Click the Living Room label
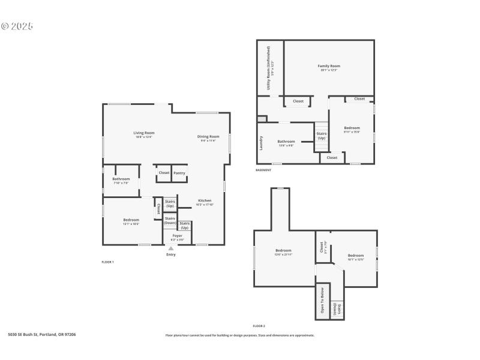143,134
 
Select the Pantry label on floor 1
179,173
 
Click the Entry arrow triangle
171,248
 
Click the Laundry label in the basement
262,142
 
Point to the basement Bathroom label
286,142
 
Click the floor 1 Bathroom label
121,179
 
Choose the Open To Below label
322,301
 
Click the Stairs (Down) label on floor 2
339,309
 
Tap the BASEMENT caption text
263,170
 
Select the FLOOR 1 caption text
108,262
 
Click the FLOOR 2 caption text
259,325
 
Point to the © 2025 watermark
17,26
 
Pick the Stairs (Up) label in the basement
322,136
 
